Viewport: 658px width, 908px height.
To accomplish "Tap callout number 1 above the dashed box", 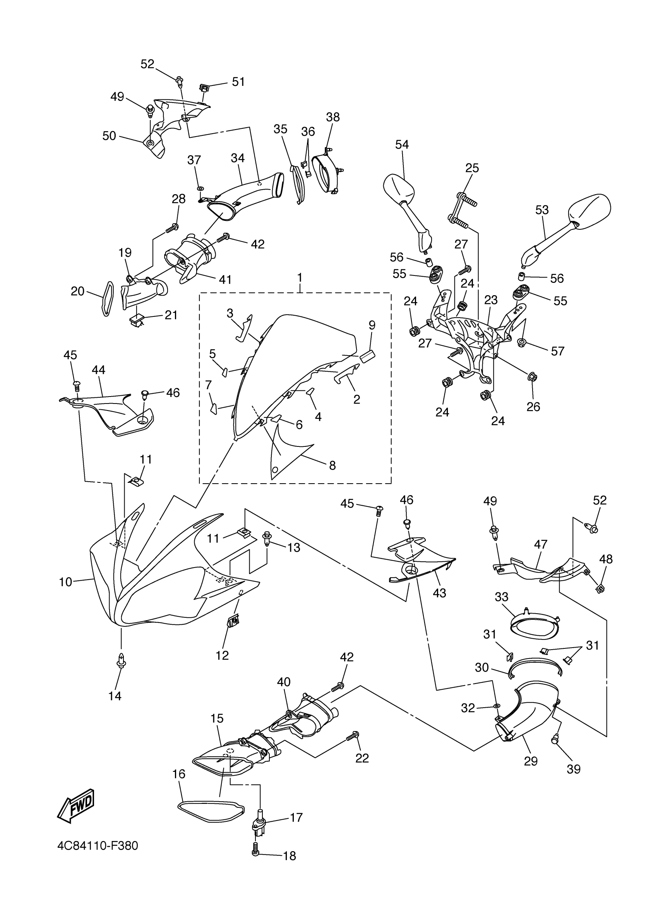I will pyautogui.click(x=300, y=277).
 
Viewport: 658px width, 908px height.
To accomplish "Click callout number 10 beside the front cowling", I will pyautogui.click(x=65, y=582).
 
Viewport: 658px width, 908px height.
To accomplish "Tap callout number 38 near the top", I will pyautogui.click(x=332, y=117).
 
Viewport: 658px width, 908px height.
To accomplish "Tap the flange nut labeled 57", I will pyautogui.click(x=522, y=342).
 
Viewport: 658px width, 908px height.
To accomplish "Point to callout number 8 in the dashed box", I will pyautogui.click(x=332, y=465).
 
